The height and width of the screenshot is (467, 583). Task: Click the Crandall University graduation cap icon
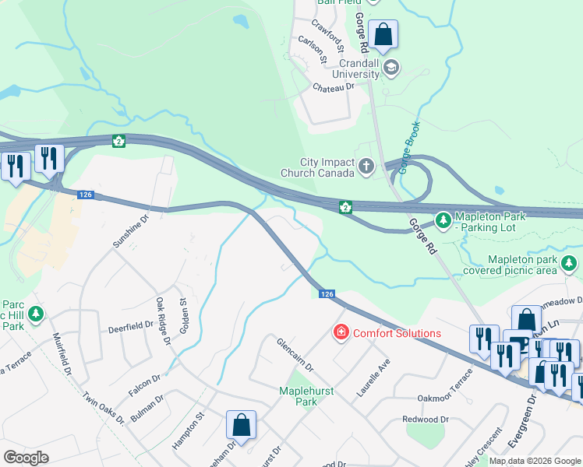pyautogui.click(x=390, y=69)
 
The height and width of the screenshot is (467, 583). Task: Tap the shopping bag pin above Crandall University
pyautogui.click(x=383, y=34)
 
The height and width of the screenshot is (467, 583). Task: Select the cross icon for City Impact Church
pyautogui.click(x=366, y=165)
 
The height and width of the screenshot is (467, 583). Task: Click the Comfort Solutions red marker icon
pyautogui.click(x=341, y=333)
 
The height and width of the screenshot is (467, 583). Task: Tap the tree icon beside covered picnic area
pyautogui.click(x=570, y=265)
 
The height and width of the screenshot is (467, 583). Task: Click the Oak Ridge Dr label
pyautogui.click(x=162, y=321)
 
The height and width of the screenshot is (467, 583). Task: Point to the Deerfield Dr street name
pyautogui.click(x=130, y=326)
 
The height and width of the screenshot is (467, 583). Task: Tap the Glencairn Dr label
pyautogui.click(x=295, y=354)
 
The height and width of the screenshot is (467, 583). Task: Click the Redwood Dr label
pyautogui.click(x=426, y=419)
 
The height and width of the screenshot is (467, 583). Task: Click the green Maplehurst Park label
pyautogui.click(x=306, y=396)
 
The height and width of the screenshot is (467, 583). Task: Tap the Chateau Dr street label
pyautogui.click(x=334, y=88)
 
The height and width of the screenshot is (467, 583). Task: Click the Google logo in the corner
pyautogui.click(x=26, y=457)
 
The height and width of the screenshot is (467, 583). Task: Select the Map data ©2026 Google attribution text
pyautogui.click(x=535, y=461)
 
